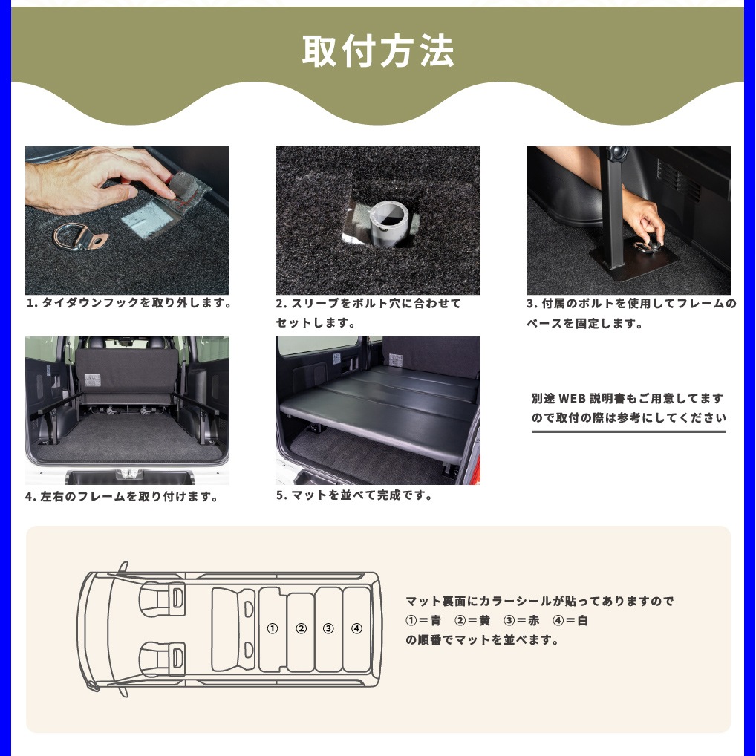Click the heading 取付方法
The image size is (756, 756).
(x=377, y=50)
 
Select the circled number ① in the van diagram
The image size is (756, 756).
(x=273, y=628)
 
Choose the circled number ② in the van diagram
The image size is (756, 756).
(x=302, y=628)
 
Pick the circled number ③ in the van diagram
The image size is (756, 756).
(x=328, y=628)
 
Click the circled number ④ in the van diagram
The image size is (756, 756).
(x=356, y=628)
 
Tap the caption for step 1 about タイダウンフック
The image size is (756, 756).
(x=128, y=303)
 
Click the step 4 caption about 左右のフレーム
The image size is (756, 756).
(x=122, y=496)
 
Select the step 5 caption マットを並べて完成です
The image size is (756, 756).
(x=354, y=495)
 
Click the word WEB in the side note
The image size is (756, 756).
(x=572, y=398)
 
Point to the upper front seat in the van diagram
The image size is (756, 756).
(x=161, y=599)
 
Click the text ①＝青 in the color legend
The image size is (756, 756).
(x=423, y=621)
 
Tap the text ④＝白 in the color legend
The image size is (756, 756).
(x=570, y=621)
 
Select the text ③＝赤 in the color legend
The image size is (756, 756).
(x=521, y=621)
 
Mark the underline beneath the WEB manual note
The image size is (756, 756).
(x=629, y=431)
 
